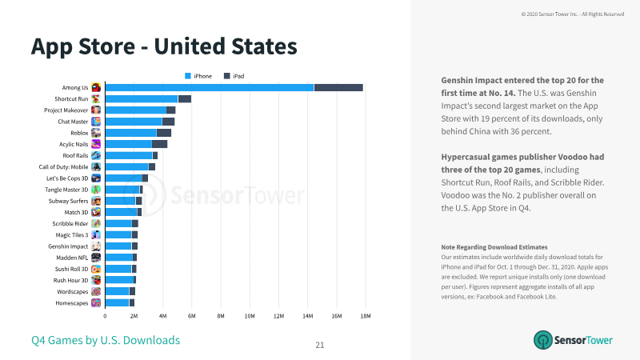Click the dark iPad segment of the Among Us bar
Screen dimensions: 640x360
338,87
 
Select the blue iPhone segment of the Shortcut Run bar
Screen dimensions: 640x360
142,98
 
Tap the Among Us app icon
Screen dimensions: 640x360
96,87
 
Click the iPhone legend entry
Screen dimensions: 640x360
198,76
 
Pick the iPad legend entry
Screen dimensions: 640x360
234,76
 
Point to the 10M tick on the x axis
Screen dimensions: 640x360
250,316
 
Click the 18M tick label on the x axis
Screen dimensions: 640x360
366,316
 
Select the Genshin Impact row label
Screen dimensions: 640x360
68,246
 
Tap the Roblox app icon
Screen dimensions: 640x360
96,133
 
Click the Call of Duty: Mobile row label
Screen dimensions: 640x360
63,167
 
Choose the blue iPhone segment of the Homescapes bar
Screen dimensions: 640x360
117,303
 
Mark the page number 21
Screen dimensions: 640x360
320,346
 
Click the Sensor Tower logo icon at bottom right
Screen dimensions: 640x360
543,340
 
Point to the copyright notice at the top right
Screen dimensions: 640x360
573,14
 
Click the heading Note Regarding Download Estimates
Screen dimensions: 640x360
494,247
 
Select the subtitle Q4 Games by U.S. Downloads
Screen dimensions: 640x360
106,340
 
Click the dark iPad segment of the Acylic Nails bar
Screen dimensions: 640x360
159,144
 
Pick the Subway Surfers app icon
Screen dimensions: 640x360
96,201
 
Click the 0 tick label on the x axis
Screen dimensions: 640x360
105,316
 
